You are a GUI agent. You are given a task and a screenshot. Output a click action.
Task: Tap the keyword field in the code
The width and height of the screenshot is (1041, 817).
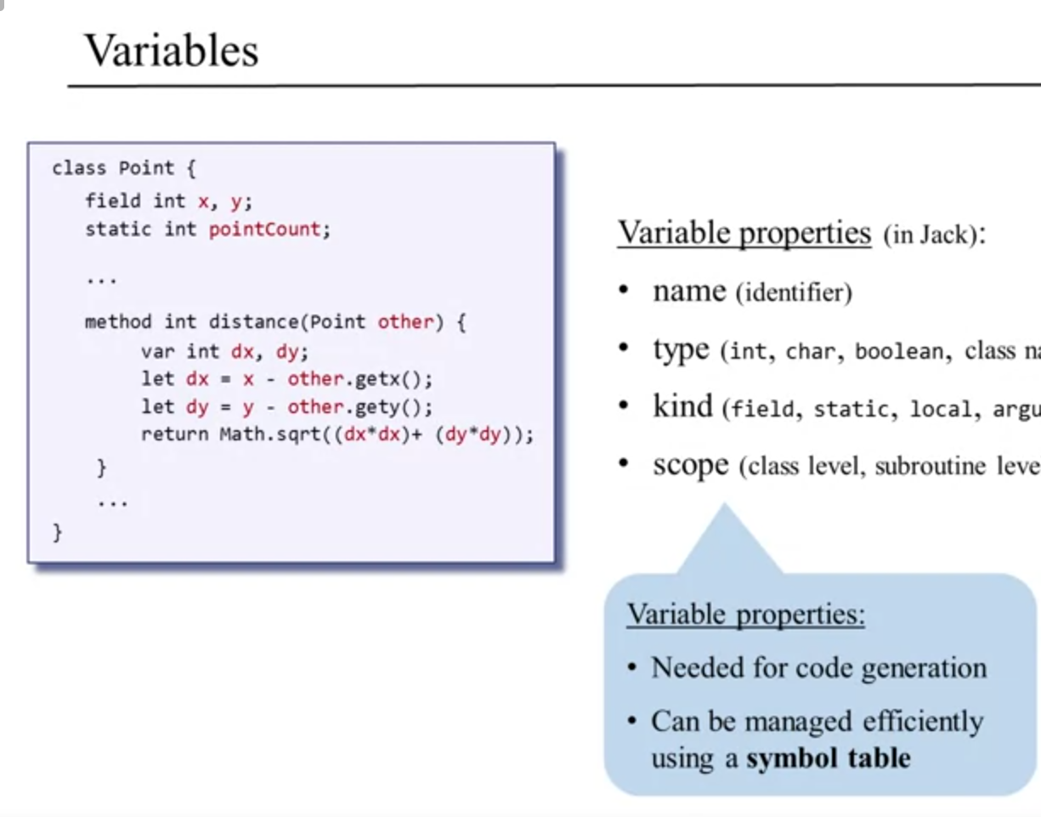coord(113,201)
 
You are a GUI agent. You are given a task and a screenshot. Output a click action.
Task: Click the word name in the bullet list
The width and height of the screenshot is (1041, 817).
coord(689,292)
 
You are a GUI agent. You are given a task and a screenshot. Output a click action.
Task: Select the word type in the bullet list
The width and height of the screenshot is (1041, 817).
coord(681,349)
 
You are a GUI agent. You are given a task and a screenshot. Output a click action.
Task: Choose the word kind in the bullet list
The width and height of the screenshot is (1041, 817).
coord(682,406)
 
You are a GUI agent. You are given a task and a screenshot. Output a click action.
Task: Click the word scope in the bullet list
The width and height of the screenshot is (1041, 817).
coord(691,465)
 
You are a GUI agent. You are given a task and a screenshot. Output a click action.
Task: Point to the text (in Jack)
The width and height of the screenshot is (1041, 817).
coord(934,235)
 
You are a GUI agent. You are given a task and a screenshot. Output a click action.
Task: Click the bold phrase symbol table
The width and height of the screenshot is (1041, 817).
coord(828,757)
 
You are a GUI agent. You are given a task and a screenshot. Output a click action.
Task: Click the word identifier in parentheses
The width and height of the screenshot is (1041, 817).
coord(795,294)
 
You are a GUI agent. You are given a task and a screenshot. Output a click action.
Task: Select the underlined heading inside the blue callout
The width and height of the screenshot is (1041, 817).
coord(745,613)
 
